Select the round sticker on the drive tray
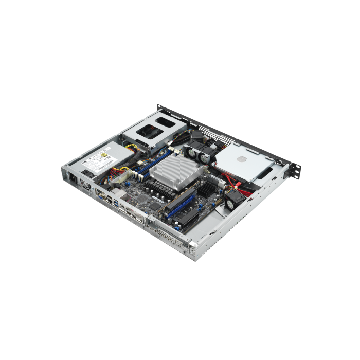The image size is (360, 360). pos(238,160)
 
